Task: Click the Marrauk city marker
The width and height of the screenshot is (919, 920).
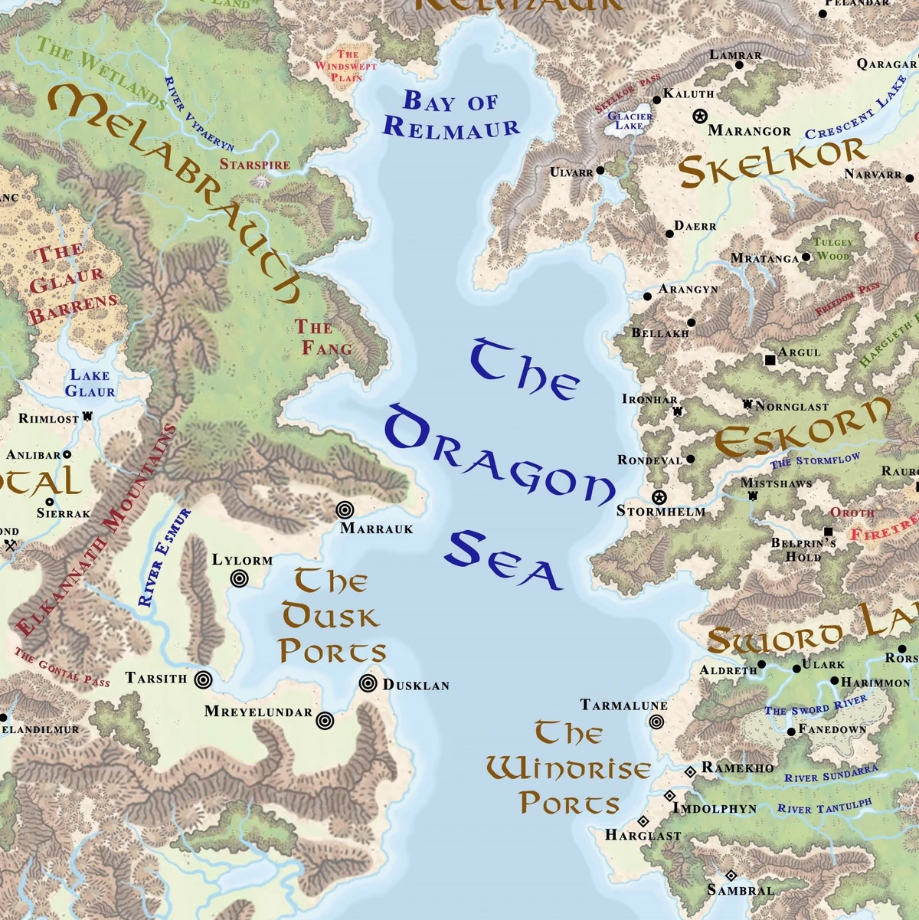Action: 345,509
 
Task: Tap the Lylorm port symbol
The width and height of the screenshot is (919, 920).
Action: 240,579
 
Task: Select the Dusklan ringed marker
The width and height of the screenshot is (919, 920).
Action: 368,683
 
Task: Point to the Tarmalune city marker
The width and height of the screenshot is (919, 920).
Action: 656,722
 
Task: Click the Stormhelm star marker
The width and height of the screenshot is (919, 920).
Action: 659,496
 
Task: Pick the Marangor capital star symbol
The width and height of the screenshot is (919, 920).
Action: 698,116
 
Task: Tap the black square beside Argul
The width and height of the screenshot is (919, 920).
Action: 770,359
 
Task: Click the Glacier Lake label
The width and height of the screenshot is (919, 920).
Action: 630,121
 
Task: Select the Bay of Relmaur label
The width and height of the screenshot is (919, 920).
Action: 450,114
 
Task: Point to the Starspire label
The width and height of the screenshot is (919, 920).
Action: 255,164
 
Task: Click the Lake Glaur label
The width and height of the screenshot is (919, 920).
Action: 90,383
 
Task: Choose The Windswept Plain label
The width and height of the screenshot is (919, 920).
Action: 346,66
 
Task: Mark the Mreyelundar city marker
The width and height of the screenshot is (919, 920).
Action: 325,720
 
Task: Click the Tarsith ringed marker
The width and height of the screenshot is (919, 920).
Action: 203,679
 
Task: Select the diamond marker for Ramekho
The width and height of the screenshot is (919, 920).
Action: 690,771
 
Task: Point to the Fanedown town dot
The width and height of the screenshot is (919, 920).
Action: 791,732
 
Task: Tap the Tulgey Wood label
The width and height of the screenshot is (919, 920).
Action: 832,249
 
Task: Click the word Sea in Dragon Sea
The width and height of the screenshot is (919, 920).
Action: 504,561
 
